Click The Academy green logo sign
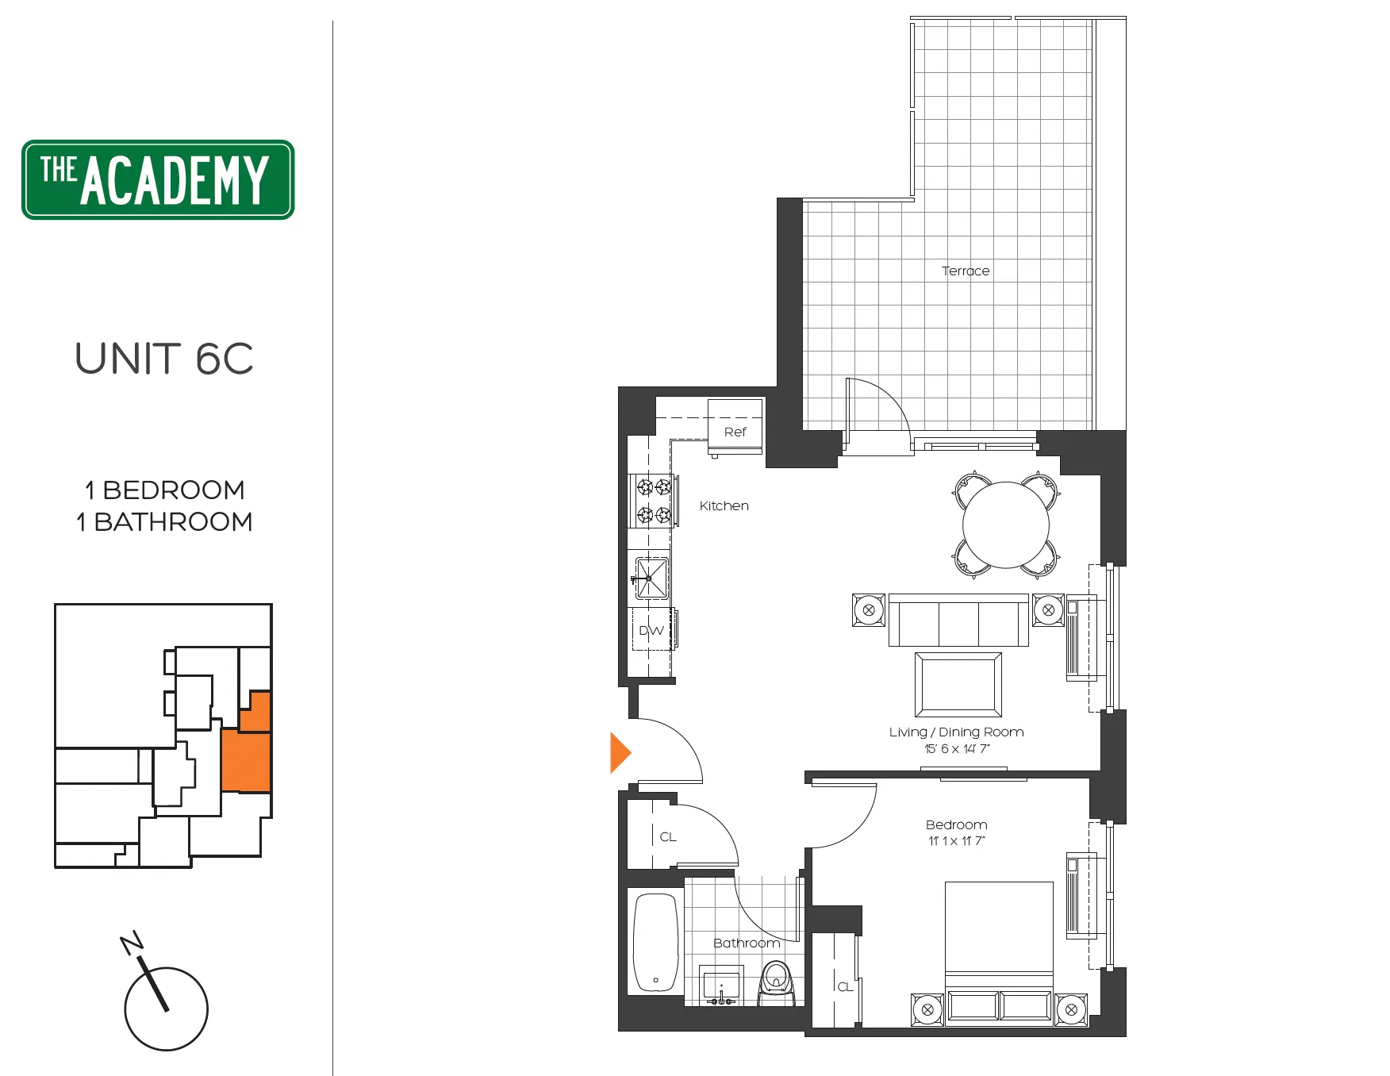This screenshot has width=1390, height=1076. (158, 180)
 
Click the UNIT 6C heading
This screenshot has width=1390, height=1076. (164, 359)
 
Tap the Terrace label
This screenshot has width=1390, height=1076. (965, 271)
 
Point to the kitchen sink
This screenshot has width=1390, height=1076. (651, 578)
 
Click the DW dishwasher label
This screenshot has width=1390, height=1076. (651, 631)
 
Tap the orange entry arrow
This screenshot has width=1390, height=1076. (620, 752)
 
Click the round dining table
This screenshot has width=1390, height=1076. (1006, 525)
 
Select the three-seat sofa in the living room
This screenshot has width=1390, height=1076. (958, 621)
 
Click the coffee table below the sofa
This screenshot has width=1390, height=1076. (958, 684)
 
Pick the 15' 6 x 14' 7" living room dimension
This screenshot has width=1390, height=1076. (957, 749)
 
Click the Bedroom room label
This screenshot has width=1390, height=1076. (957, 825)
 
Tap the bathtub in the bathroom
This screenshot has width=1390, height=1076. (655, 943)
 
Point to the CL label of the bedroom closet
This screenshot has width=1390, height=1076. (845, 987)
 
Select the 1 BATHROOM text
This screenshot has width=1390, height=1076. (164, 522)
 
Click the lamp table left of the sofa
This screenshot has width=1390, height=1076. (869, 610)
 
